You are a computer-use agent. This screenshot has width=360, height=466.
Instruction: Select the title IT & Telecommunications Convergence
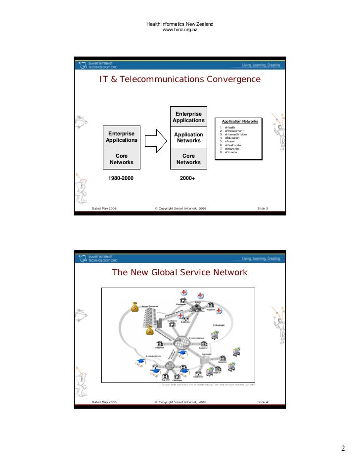(x=180, y=79)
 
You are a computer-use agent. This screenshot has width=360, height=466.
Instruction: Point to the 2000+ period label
(x=188, y=177)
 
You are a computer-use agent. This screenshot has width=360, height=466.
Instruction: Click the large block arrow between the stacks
(x=156, y=140)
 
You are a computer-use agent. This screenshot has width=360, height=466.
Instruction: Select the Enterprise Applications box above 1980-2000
(x=121, y=137)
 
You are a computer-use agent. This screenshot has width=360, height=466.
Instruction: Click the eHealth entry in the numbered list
(x=230, y=127)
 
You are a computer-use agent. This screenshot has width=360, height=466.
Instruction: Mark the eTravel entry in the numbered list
(x=230, y=141)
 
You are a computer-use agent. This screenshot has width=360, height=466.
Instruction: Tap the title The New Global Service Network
(x=180, y=273)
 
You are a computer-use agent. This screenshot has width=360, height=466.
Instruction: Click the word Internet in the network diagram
(x=219, y=325)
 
